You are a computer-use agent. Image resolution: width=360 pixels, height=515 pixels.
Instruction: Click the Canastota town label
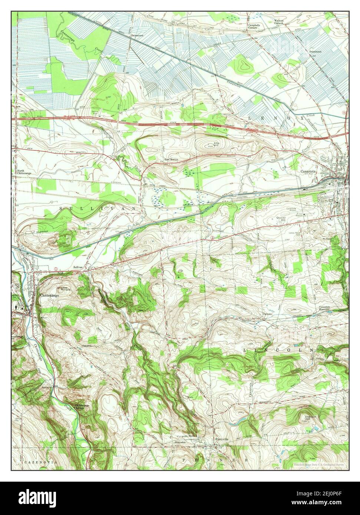click(x=311, y=172)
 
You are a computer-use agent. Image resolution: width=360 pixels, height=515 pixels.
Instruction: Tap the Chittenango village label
click(x=49, y=297)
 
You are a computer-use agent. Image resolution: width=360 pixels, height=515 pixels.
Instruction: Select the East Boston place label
click(x=172, y=160)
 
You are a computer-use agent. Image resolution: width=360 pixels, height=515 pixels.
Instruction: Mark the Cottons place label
click(x=267, y=314)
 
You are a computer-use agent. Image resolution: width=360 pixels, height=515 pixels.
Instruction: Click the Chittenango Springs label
click(x=82, y=406)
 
